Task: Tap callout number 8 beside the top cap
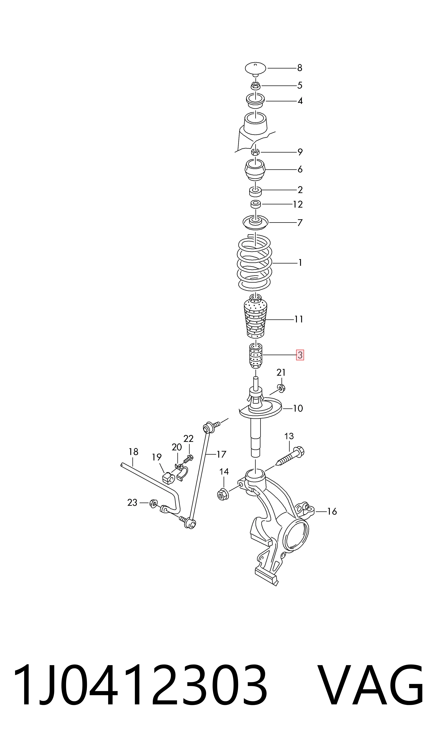point(300,68)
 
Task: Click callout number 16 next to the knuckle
point(332,511)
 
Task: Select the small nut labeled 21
point(281,388)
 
